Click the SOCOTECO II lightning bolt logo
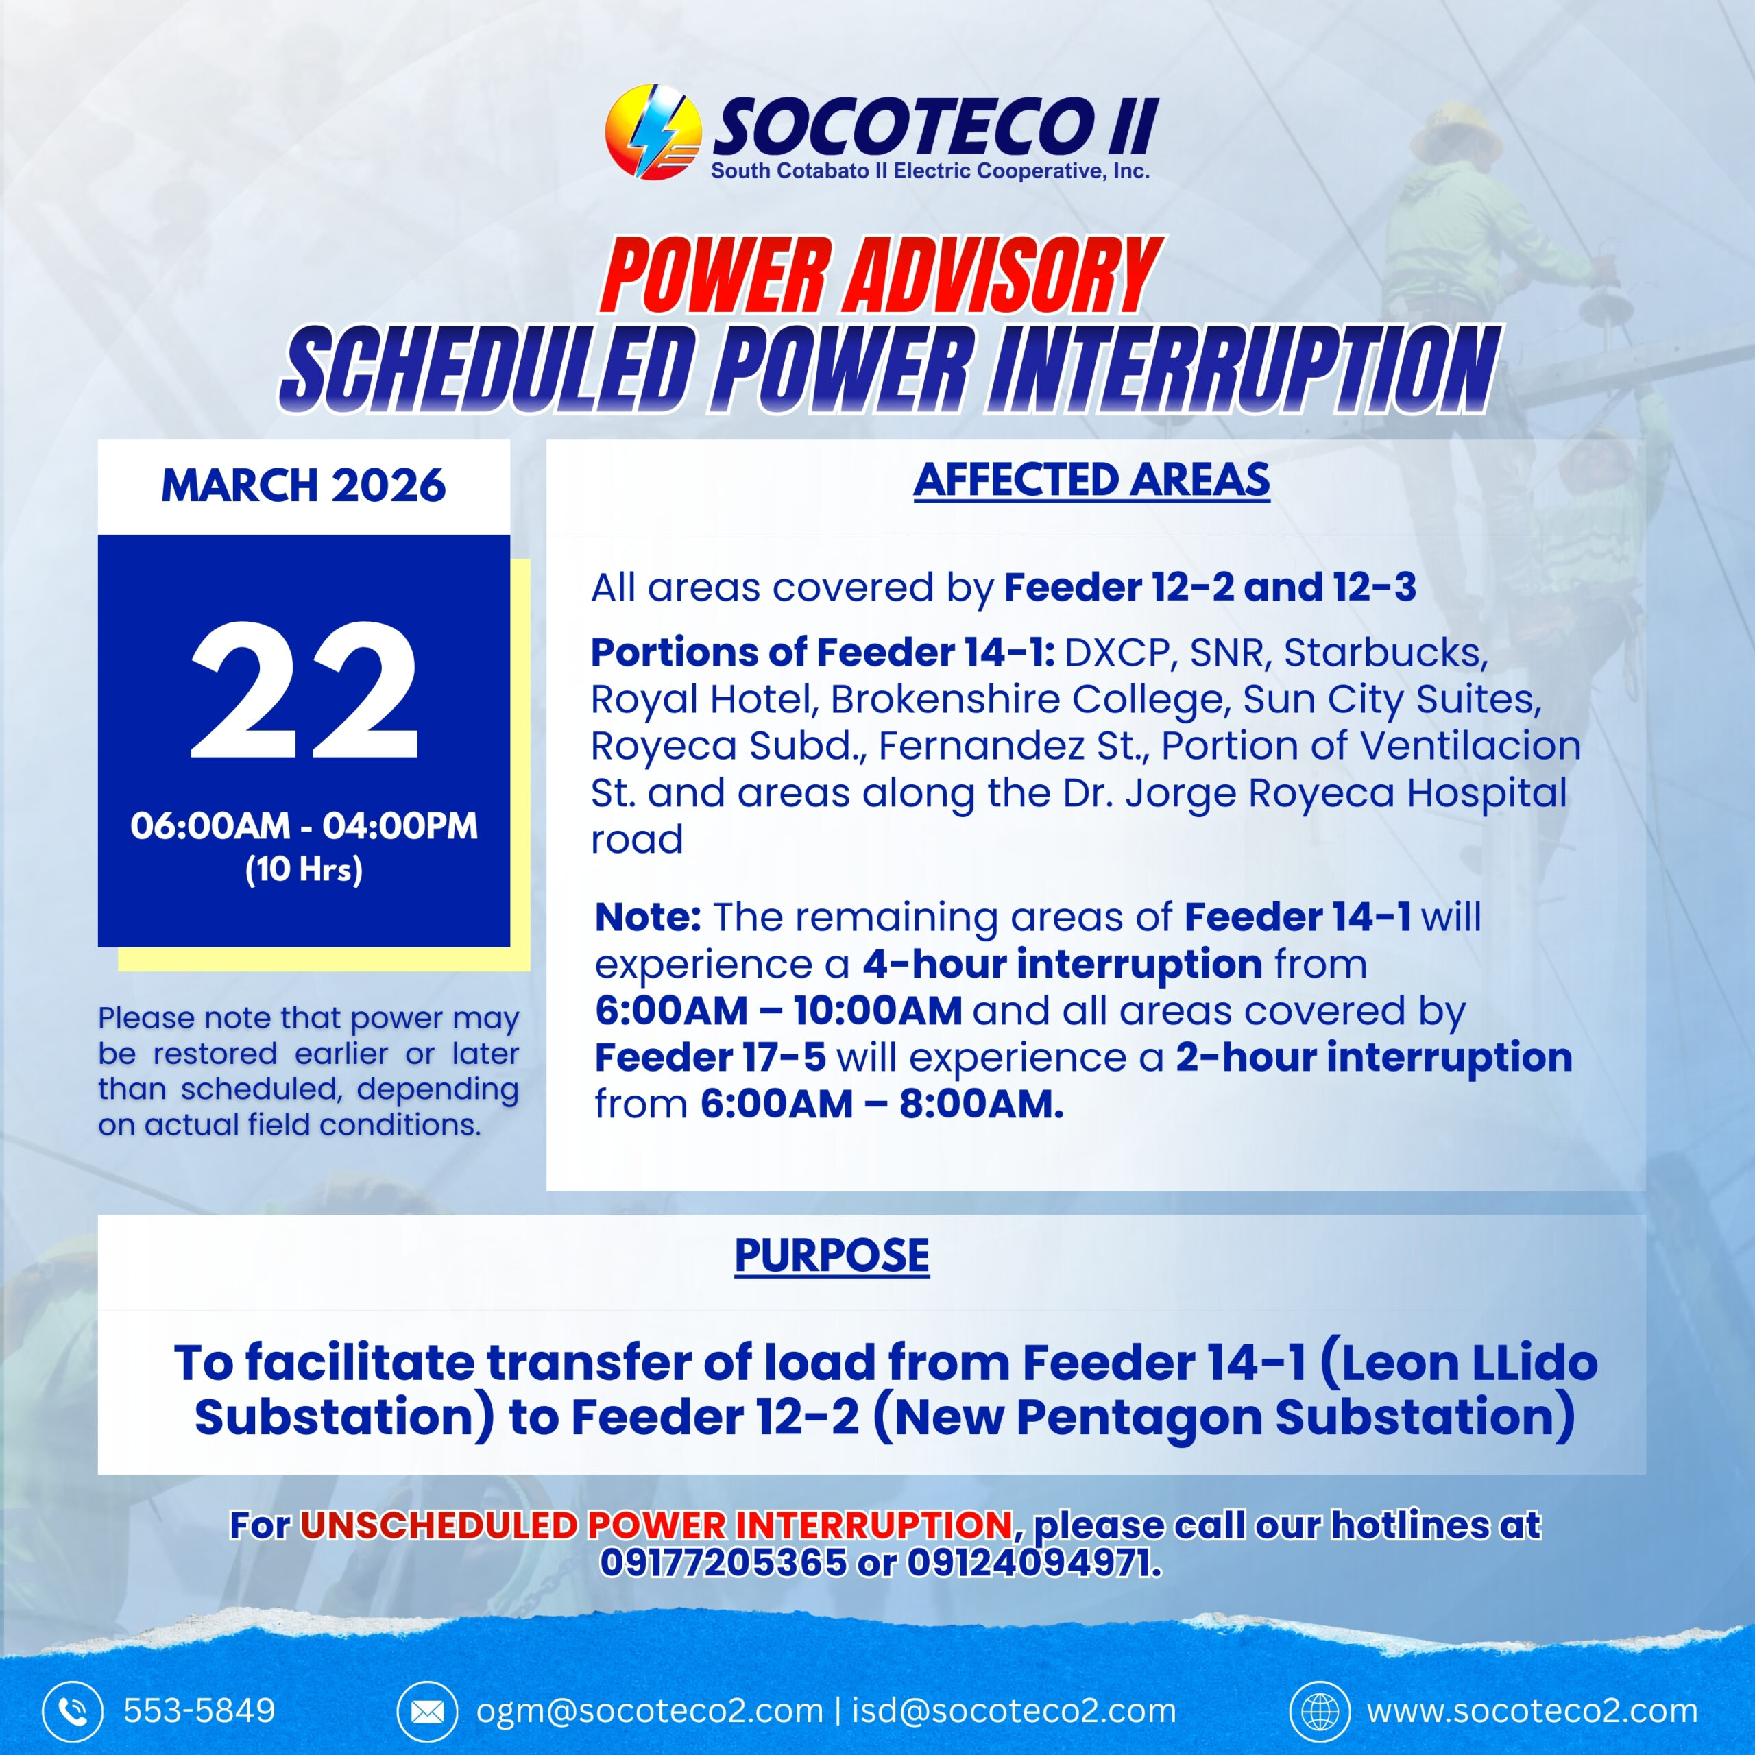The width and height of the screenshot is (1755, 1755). click(653, 132)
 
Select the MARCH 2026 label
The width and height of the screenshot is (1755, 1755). click(304, 486)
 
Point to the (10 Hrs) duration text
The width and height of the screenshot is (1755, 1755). click(304, 869)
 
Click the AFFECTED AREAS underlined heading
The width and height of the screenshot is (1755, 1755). click(1092, 481)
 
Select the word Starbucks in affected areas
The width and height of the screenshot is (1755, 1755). click(1385, 652)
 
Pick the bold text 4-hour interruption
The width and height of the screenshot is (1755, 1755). click(1062, 964)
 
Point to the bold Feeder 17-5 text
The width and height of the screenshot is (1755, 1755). click(710, 1057)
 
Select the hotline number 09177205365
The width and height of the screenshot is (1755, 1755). click(723, 1563)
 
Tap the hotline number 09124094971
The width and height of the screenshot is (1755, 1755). click(1034, 1563)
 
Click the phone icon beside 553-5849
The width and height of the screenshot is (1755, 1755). click(72, 1711)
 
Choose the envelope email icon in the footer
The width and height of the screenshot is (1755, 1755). click(427, 1711)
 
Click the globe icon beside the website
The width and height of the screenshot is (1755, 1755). click(1320, 1711)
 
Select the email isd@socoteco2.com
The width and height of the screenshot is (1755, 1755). click(1014, 1711)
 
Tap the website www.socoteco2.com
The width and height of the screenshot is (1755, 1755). click(1532, 1711)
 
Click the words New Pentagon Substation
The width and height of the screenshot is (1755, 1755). click(1224, 1417)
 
